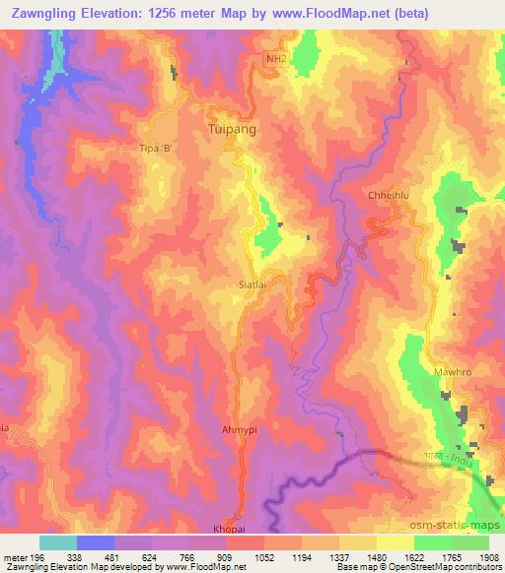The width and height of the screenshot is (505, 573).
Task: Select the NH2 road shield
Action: click(x=278, y=59)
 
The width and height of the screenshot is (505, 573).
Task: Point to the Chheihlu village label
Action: click(x=388, y=195)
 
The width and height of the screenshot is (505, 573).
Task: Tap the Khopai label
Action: click(x=226, y=528)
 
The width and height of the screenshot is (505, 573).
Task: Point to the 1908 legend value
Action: click(x=489, y=556)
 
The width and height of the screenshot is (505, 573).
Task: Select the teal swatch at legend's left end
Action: click(x=58, y=541)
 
